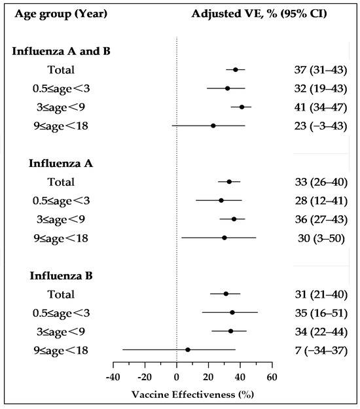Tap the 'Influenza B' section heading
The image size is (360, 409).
43,276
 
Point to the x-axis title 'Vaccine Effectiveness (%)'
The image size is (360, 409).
192,395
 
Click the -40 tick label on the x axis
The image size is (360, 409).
113,378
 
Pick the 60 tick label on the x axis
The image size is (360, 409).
272,378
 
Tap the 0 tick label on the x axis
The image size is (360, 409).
177,378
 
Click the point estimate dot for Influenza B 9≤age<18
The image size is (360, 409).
188,349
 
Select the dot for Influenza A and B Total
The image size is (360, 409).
236,69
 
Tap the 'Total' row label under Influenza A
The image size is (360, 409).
61,182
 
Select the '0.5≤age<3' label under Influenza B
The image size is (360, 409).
61,313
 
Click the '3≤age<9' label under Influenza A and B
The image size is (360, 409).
61,107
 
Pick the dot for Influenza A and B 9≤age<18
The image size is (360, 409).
213,125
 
